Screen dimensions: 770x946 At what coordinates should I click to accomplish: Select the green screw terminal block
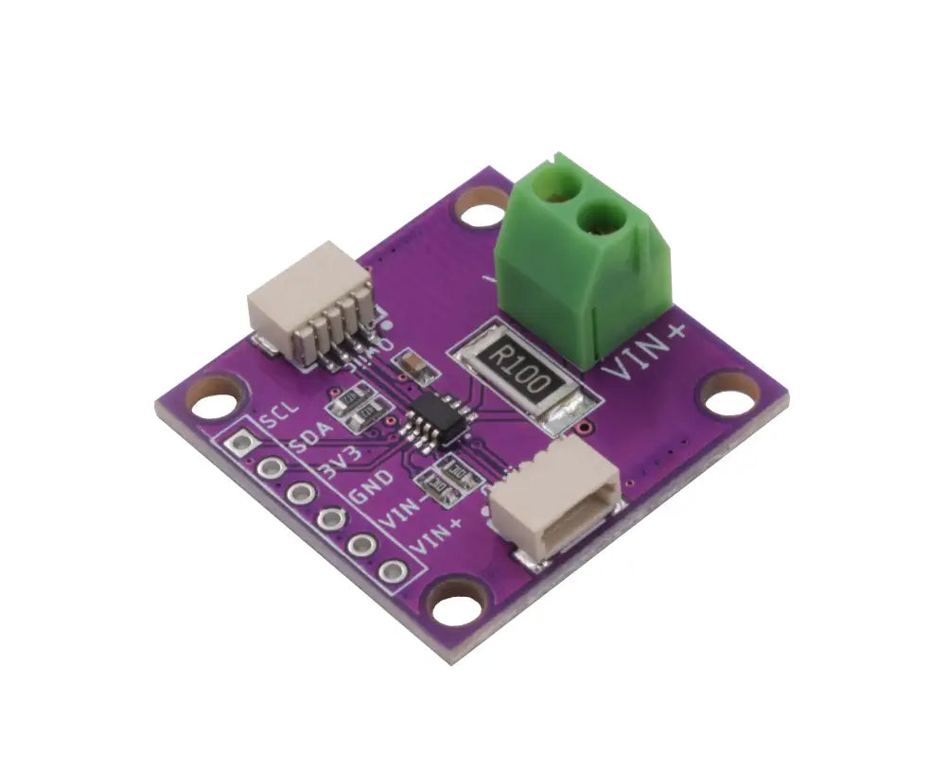(583, 255)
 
